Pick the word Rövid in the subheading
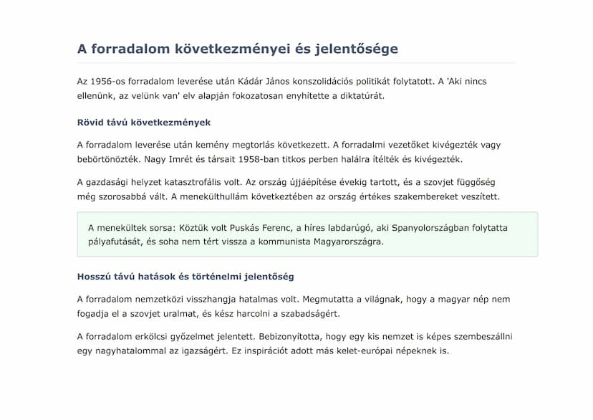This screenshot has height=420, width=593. (x=91, y=123)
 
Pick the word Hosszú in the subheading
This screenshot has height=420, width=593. (x=94, y=277)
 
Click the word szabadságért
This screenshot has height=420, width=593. (x=311, y=313)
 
